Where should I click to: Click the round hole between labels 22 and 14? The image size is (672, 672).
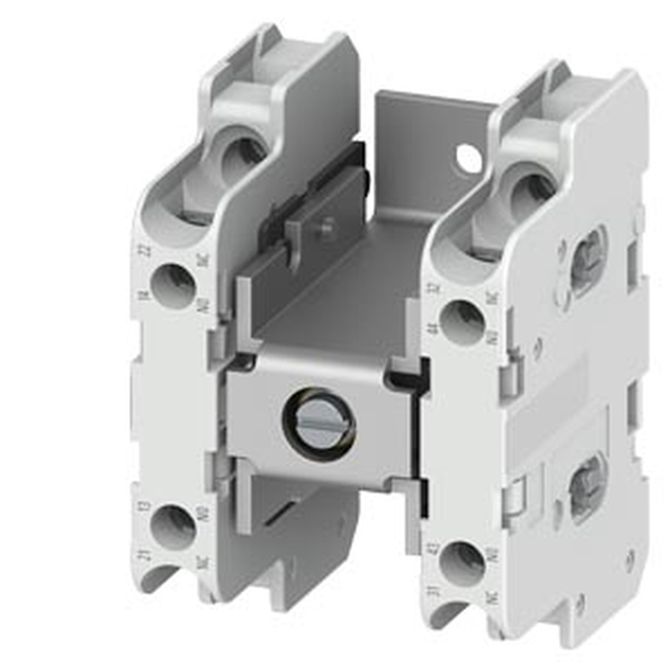click(x=172, y=286)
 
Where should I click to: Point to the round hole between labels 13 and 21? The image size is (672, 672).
click(x=173, y=528)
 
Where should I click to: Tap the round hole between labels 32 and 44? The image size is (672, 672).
click(x=462, y=322)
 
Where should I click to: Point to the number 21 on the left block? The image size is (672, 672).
click(x=144, y=555)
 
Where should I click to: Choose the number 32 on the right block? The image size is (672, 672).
click(x=435, y=290)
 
